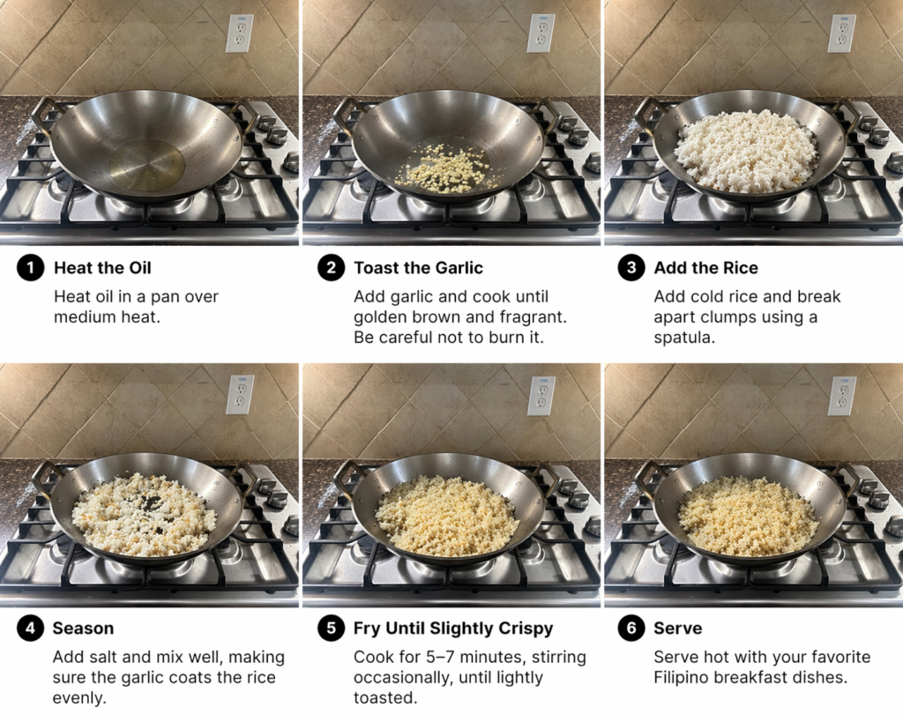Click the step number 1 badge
pos(31,268)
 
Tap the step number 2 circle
pos(332,268)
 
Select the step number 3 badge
pos(631,268)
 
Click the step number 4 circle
pos(31,628)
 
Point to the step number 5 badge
pos(332,628)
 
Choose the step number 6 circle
pos(631,628)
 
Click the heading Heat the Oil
pos(102,268)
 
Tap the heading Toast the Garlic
pos(418,268)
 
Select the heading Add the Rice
pos(706,268)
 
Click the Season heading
pos(83,629)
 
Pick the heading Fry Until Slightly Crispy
pos(453,629)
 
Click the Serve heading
pos(678,629)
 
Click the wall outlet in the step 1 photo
pos(239,33)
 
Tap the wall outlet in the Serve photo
pos(842,396)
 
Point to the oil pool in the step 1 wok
pos(147,165)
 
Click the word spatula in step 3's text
pos(684,338)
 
